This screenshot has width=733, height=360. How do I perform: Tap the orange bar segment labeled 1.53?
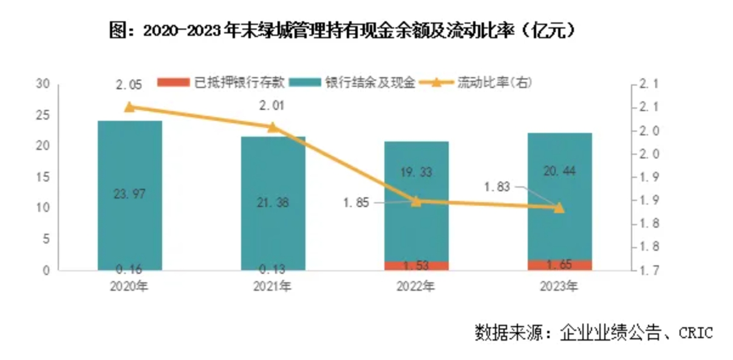[x=416, y=266]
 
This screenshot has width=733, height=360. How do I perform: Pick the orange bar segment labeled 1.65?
[x=559, y=265]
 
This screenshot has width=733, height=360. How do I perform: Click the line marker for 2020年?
[x=129, y=107]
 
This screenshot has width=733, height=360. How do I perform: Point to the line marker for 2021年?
[x=273, y=127]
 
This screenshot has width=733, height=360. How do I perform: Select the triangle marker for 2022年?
[x=416, y=201]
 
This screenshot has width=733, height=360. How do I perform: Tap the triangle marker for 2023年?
[x=559, y=208]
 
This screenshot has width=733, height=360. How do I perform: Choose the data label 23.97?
[x=129, y=194]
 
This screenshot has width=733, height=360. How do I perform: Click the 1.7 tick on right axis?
[x=646, y=270]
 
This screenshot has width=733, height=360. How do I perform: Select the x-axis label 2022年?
[x=416, y=285]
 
